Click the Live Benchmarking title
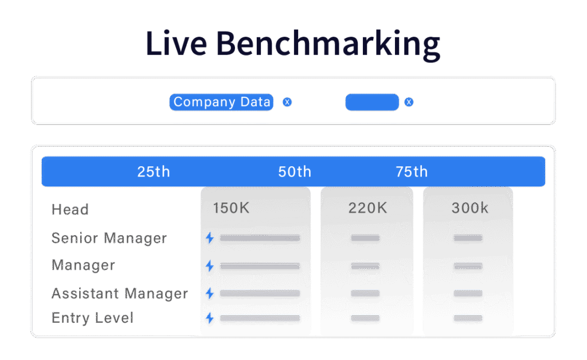coord(293,44)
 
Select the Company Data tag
coord(221,102)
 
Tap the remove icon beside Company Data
coord(287,102)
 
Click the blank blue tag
coord(372,102)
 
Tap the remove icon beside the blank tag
coord(409,102)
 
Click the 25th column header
coord(154,172)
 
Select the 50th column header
coord(295,172)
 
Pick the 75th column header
coord(412,172)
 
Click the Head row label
coord(70,210)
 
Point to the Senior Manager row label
coord(109,238)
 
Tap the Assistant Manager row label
coord(120,294)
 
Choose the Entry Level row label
coord(92,318)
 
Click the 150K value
coord(231,208)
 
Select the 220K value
coord(367,208)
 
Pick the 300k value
coord(470,208)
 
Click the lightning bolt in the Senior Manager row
coord(210,238)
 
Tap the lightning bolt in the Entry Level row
coord(210,319)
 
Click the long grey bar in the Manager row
coord(260,266)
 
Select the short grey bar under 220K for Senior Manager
coord(365,238)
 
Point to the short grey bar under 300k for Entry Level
coord(468,319)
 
